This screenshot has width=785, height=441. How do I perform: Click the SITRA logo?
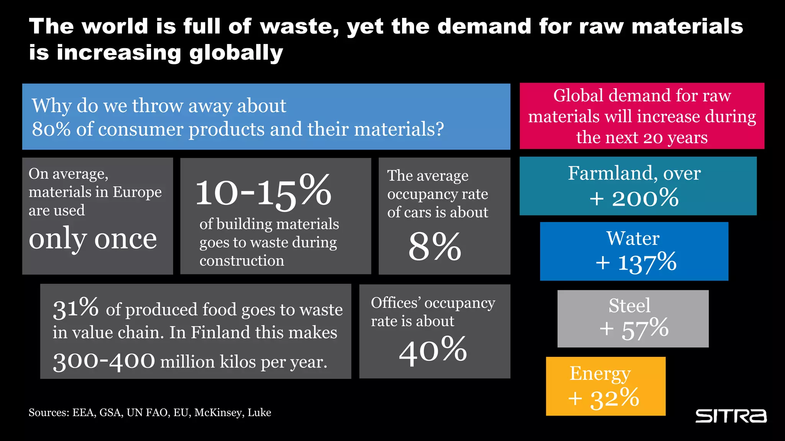click(731, 416)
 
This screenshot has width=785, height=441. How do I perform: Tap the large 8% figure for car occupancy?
click(435, 247)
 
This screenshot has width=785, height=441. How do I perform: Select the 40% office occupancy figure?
click(433, 350)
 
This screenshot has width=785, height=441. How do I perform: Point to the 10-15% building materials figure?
click(263, 191)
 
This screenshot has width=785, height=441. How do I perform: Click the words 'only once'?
click(93, 239)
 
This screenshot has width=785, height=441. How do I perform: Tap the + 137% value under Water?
click(636, 263)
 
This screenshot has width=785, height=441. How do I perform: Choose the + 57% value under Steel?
click(634, 329)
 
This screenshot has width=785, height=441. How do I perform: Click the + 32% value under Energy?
click(604, 399)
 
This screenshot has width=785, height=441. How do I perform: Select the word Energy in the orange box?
click(600, 374)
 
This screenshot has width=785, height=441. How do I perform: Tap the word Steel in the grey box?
click(629, 305)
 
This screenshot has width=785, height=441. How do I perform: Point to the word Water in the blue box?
click(633, 238)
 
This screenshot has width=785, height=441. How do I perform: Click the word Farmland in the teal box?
click(613, 173)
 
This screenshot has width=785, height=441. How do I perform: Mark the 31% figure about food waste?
click(76, 308)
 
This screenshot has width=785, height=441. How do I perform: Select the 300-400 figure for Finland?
click(104, 361)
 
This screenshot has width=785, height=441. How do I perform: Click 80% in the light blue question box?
click(51, 129)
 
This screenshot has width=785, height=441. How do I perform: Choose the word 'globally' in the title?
click(236, 53)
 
